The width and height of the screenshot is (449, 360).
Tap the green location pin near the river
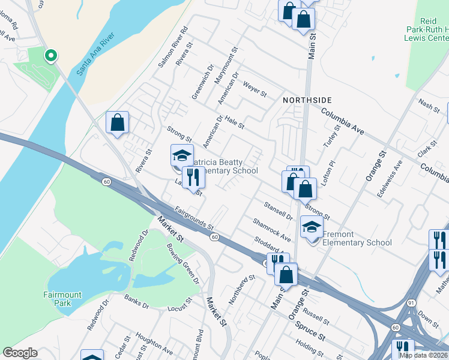tap(51, 56)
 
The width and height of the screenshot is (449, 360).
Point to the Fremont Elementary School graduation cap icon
tap(312, 227)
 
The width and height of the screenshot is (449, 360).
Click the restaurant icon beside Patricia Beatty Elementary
tap(193, 178)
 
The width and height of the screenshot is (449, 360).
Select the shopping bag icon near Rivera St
tap(118, 122)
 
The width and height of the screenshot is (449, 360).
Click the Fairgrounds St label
tap(194, 218)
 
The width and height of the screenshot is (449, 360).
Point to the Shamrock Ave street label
tap(271, 230)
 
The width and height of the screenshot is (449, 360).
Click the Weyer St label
tap(255, 88)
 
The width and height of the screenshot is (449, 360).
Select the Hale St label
tap(235, 122)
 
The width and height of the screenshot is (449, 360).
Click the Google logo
tap(20, 353)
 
